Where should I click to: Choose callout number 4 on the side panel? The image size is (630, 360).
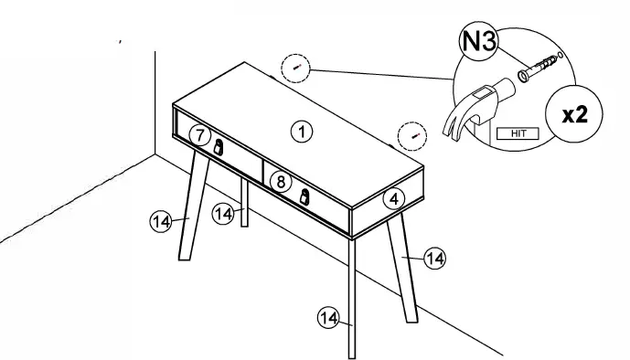tap(392, 197)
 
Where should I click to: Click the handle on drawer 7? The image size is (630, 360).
tap(219, 146)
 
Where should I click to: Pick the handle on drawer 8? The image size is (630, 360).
tap(304, 196)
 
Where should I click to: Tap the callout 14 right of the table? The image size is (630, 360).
tap(436, 259)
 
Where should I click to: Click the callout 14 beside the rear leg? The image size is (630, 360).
tap(221, 213)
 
